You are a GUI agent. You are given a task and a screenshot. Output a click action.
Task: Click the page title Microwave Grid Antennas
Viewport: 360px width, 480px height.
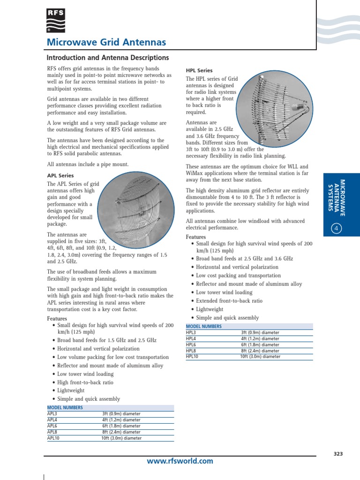(x=106, y=43)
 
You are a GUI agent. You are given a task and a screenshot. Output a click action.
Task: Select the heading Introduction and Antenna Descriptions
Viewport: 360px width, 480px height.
(x=108, y=58)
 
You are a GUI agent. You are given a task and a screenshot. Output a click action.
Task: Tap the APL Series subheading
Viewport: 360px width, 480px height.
(x=60, y=176)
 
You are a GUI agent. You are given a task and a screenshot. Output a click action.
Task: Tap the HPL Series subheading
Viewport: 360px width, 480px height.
(x=199, y=70)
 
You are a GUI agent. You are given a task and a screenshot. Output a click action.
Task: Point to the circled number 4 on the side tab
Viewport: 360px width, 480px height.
(x=337, y=228)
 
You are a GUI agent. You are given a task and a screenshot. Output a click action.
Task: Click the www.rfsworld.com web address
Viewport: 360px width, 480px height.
(x=180, y=461)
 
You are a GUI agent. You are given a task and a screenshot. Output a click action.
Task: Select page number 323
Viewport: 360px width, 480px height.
(x=338, y=454)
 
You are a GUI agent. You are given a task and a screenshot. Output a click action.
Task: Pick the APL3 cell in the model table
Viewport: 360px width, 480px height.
(x=52, y=414)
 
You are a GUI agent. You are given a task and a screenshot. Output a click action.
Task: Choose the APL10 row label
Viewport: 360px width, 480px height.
(x=53, y=438)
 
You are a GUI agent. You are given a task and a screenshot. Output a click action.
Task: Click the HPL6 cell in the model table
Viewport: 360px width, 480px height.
(x=191, y=345)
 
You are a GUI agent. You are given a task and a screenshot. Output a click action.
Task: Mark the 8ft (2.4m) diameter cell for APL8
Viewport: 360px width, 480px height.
(x=121, y=432)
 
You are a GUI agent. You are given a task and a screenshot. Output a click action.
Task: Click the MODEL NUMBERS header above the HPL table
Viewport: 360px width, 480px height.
(x=204, y=326)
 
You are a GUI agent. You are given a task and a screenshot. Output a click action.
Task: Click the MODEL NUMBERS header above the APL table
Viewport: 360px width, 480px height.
(x=65, y=408)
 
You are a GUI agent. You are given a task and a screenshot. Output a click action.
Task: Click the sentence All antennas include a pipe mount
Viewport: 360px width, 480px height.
(x=88, y=165)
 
